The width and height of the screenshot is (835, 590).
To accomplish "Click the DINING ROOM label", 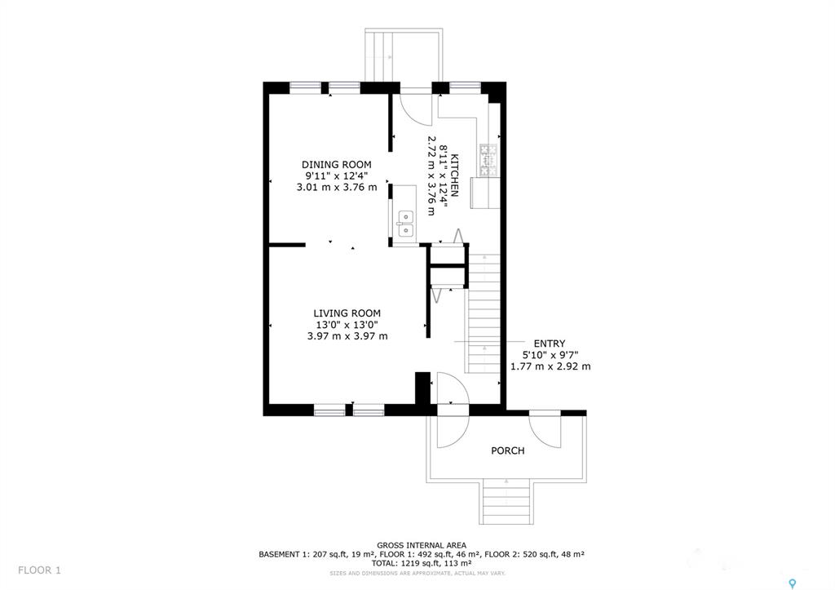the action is coord(337,165).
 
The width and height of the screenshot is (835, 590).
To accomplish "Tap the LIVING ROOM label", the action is coord(347,313).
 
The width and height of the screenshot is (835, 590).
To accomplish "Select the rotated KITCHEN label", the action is coord(454,175).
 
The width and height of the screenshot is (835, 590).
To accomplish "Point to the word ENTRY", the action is coord(550,344).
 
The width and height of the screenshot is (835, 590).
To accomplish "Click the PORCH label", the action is coord(507,451).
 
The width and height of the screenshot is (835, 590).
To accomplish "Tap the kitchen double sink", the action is coord(406,224).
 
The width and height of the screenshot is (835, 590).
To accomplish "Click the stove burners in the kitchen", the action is coord(488,160).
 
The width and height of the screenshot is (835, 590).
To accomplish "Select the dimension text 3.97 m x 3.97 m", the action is coord(347,336).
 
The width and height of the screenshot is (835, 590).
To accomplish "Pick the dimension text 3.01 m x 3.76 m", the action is coord(337,188).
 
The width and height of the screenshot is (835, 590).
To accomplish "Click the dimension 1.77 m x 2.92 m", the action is coord(550,366).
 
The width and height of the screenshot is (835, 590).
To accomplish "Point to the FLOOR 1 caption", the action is coord(39,570).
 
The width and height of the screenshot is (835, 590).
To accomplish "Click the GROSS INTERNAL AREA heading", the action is coord(422,545).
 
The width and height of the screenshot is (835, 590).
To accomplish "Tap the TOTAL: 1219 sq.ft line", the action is coord(422,563).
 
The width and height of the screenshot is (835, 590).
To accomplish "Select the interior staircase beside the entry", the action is coord(484,313).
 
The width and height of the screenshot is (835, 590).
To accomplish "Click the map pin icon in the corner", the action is coord(793,583).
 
